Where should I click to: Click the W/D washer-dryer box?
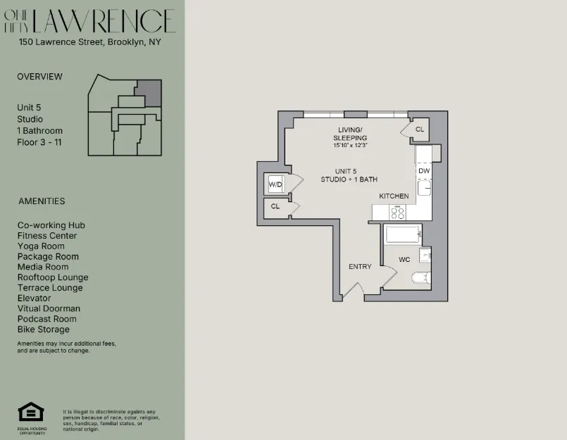tap(275, 185)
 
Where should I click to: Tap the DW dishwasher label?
tap(424, 171)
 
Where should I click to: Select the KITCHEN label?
tap(394, 196)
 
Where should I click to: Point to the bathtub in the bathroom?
tap(403, 234)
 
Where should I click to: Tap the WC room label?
tap(404, 260)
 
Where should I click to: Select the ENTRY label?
tap(360, 267)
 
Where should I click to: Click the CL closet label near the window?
tap(420, 130)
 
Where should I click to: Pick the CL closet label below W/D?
tap(275, 206)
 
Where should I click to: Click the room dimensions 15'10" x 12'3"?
tap(350, 145)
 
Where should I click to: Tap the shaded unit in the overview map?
tap(149, 93)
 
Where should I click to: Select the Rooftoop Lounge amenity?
tap(53, 277)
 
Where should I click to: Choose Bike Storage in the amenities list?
tap(44, 329)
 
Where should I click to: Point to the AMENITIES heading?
tap(42, 201)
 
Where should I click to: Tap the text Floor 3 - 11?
tap(41, 142)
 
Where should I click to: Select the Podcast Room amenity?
tap(46, 319)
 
